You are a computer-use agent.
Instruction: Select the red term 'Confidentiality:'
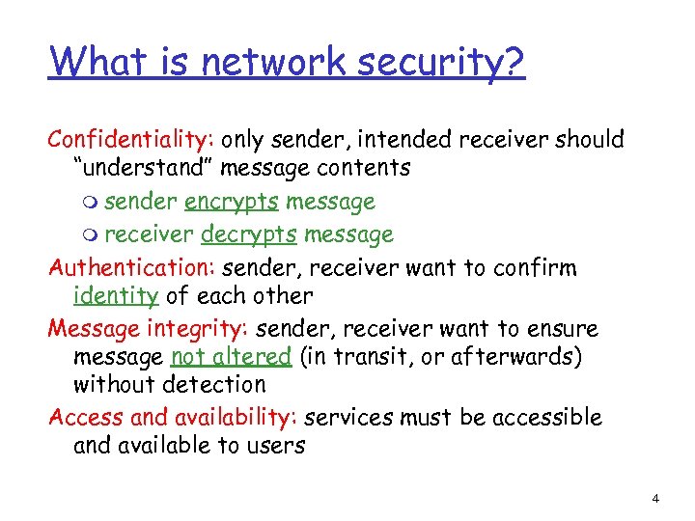coord(132,140)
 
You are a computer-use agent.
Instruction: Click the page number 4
coord(655,499)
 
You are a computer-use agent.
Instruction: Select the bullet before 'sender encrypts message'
coord(90,203)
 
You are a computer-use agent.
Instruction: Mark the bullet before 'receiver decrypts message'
coord(90,235)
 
